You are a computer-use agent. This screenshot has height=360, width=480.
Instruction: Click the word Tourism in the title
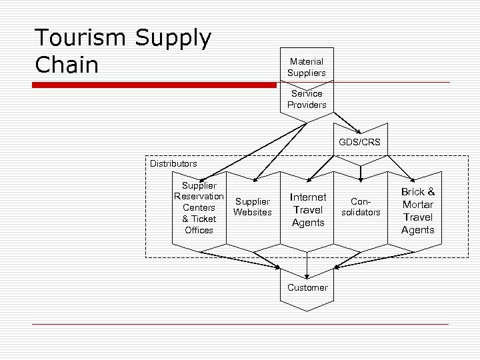click(x=80, y=39)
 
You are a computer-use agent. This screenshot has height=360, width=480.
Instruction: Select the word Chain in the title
click(x=66, y=65)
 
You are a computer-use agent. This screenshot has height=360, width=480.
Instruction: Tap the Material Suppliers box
click(x=306, y=66)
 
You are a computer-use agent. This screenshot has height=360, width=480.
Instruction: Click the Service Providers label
click(x=307, y=99)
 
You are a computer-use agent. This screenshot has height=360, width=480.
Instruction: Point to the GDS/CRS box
click(x=359, y=142)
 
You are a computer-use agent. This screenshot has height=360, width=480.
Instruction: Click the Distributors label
click(x=173, y=163)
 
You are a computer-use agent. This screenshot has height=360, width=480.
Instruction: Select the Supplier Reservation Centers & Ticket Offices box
click(x=199, y=207)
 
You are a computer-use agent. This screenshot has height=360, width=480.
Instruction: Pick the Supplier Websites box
click(x=253, y=207)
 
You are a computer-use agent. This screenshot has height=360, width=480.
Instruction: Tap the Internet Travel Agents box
click(x=307, y=210)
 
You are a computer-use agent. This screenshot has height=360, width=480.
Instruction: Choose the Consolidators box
click(x=361, y=207)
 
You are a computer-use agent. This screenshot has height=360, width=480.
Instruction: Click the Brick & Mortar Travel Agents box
click(x=417, y=211)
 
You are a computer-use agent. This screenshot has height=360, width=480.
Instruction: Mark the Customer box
click(x=307, y=288)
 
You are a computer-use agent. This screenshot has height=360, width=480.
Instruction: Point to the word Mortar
click(x=417, y=205)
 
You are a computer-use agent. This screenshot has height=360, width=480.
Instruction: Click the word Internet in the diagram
click(x=308, y=197)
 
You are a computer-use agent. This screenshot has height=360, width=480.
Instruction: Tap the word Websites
click(x=253, y=213)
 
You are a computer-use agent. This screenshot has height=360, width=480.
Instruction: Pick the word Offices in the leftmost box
click(x=199, y=230)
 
